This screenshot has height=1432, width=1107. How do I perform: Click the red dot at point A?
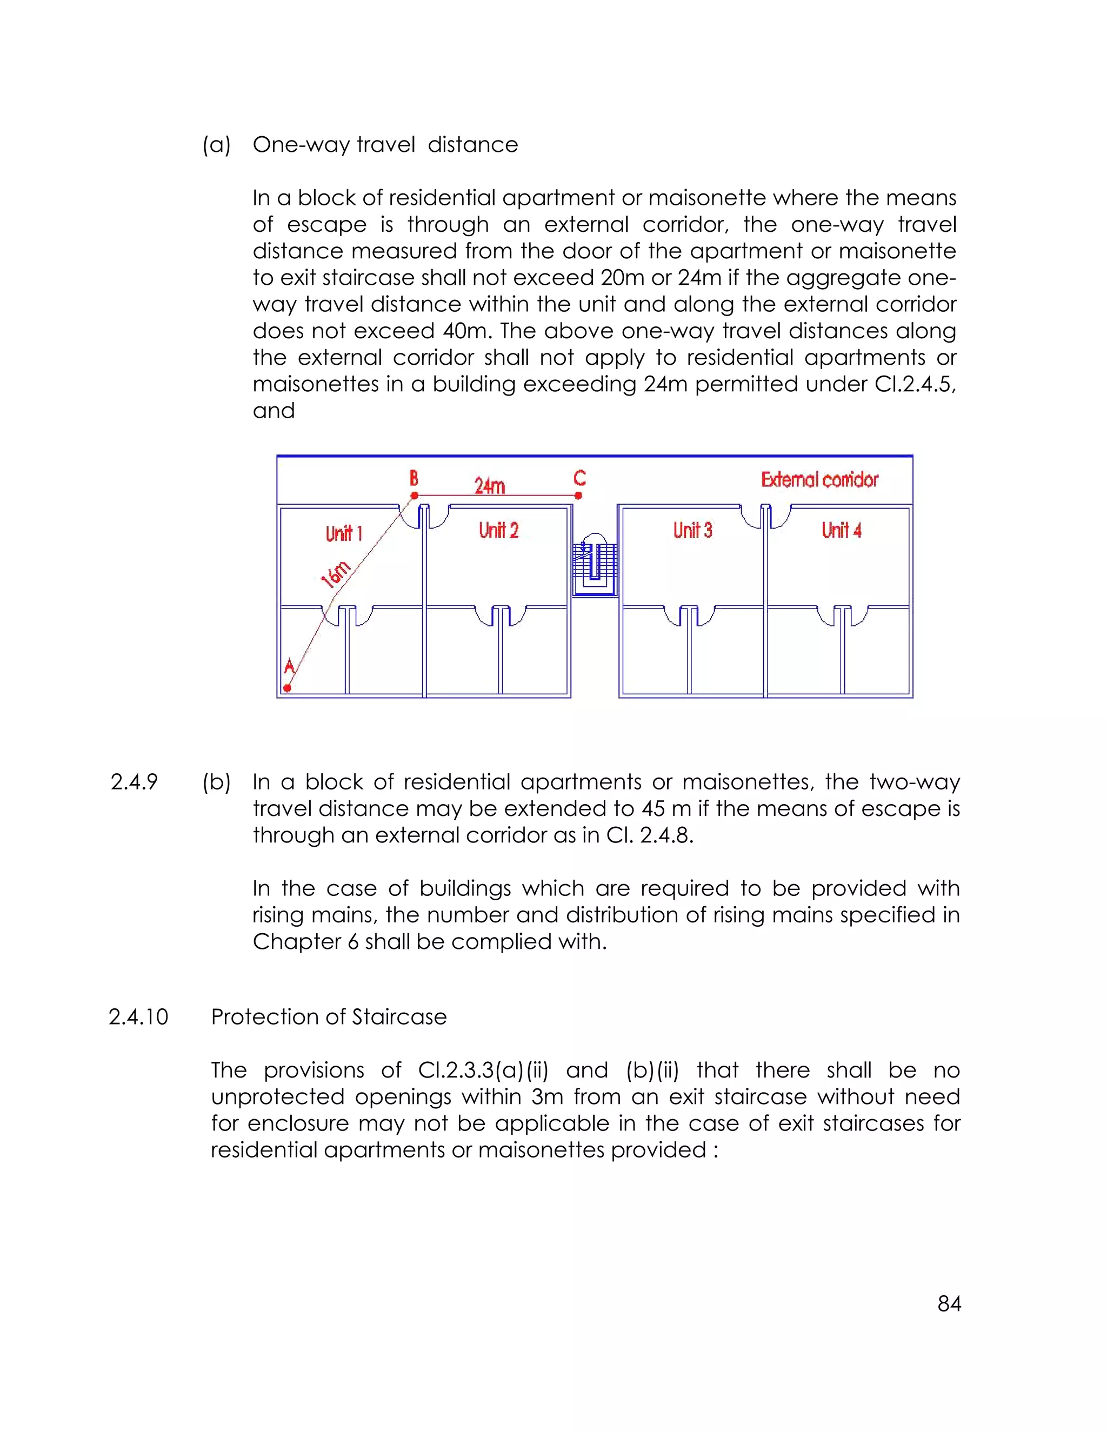(x=286, y=688)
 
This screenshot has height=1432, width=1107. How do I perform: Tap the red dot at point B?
(x=415, y=496)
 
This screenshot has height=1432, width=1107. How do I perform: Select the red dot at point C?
(x=578, y=496)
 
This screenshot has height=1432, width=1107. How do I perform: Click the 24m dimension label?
(x=489, y=486)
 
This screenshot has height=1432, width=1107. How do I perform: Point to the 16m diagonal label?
(x=336, y=574)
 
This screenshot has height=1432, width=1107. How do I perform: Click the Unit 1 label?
(x=344, y=533)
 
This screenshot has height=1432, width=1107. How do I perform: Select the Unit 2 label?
(x=498, y=530)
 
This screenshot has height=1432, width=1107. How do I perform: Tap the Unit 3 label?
(x=692, y=530)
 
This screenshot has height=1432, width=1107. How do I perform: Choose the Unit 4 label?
(x=842, y=530)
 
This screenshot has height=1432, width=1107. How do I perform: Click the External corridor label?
(x=819, y=480)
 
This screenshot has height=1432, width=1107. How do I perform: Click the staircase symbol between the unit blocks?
(x=595, y=563)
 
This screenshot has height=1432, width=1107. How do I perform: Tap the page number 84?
(x=949, y=1303)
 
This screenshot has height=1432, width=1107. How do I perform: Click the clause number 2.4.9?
(x=135, y=781)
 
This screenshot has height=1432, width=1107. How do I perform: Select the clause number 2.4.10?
(x=138, y=1016)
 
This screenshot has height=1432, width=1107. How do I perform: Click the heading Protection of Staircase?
(x=329, y=1016)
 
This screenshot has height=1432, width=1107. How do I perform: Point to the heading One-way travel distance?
(x=385, y=144)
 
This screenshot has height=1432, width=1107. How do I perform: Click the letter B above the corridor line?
(x=414, y=477)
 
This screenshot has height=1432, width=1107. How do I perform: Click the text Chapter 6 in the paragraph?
(x=305, y=941)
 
